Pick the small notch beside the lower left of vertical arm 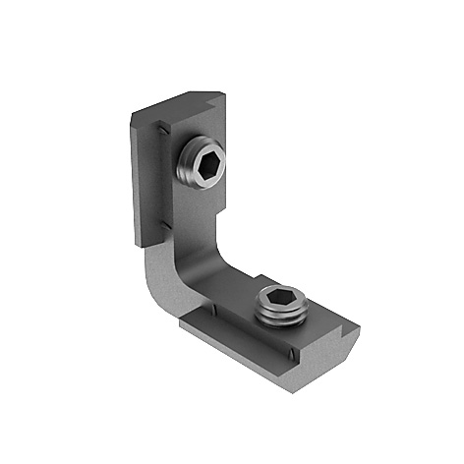point(158,235)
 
